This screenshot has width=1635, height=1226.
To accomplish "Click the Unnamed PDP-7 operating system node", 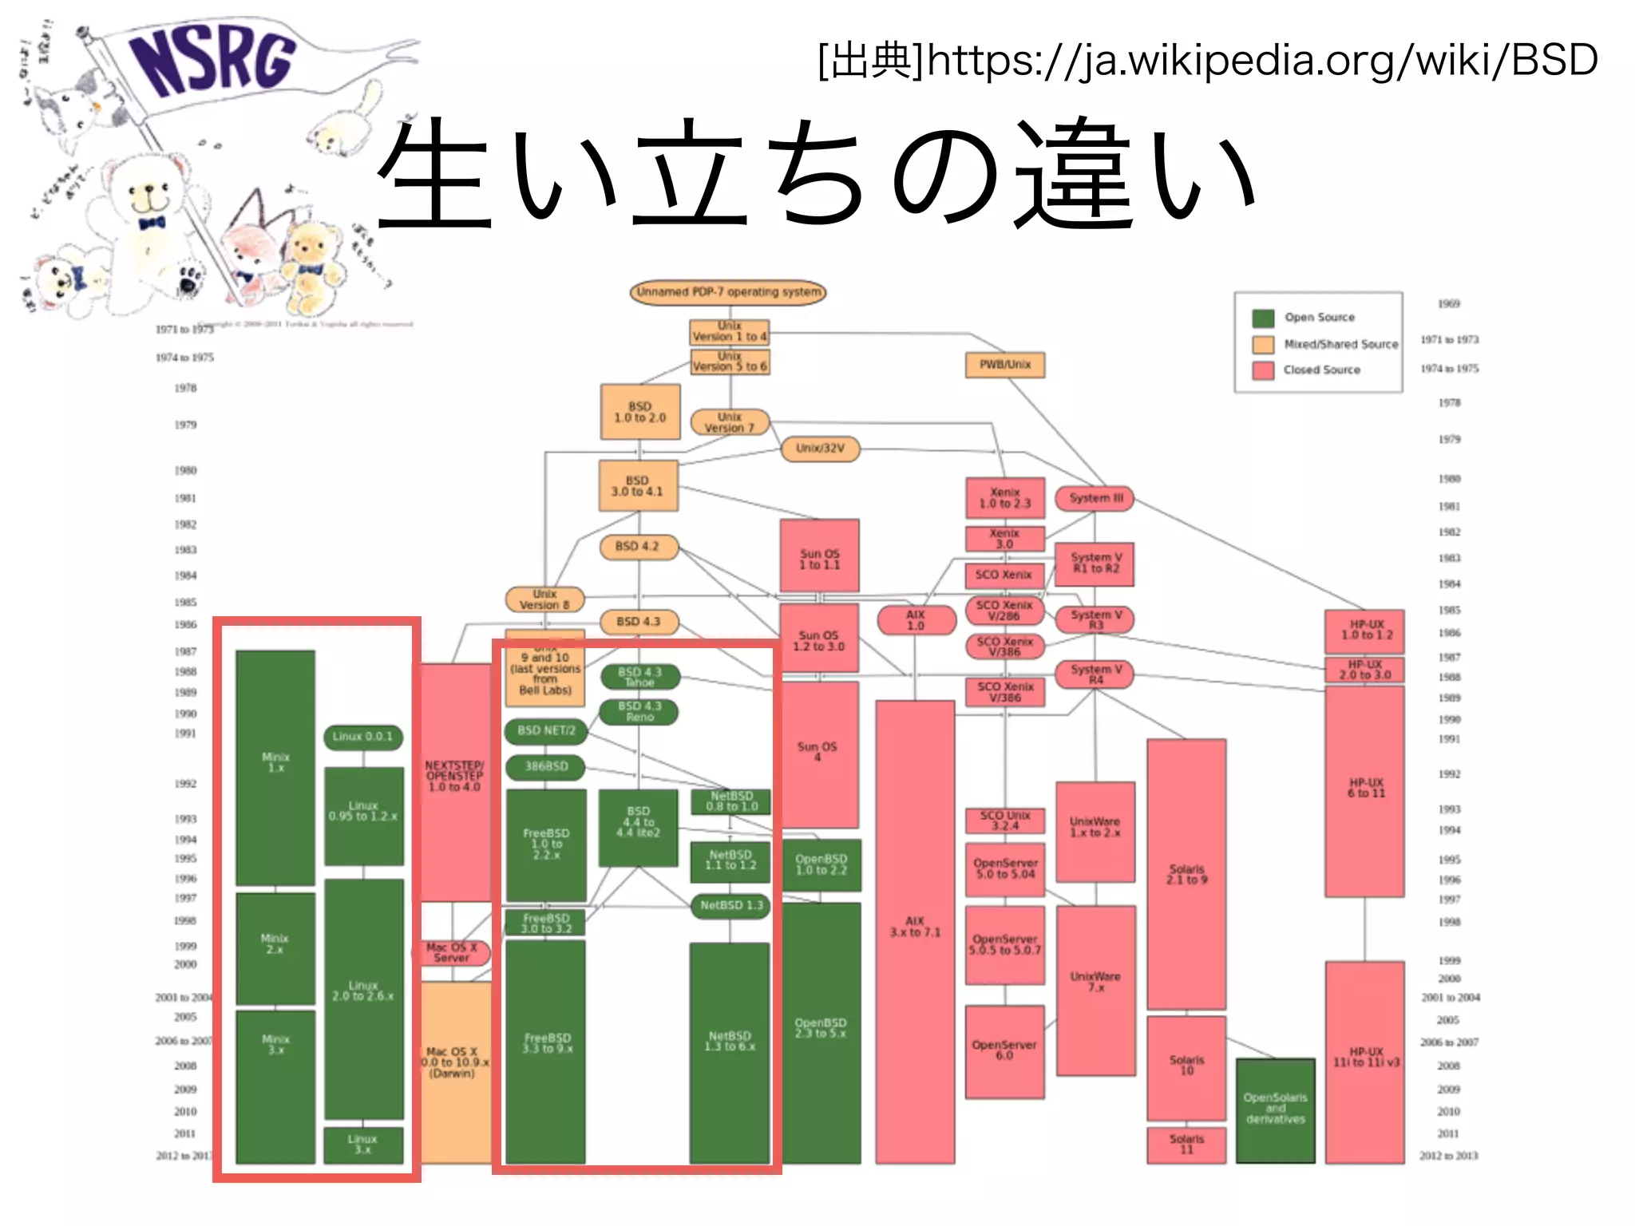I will click(x=727, y=292).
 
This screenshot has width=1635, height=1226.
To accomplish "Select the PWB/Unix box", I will click(x=1005, y=365).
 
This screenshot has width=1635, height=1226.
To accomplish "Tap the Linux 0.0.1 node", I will click(x=362, y=737).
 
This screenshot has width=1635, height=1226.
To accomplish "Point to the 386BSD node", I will click(x=546, y=766).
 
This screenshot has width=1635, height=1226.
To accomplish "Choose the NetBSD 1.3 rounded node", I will click(x=730, y=905).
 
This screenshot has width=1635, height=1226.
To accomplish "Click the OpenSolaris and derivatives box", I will click(x=1275, y=1109).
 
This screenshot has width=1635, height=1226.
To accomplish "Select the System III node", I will click(x=1095, y=498).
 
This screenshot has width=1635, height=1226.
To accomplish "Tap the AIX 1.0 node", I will click(x=916, y=620).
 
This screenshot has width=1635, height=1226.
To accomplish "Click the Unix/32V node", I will click(x=820, y=449).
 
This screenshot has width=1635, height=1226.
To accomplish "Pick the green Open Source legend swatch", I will click(x=1262, y=318).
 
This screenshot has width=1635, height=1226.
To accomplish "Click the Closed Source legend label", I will click(x=1321, y=370).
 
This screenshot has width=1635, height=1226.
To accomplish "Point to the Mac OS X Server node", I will click(x=452, y=952).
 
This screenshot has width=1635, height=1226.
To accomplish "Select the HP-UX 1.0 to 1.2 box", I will click(x=1365, y=631).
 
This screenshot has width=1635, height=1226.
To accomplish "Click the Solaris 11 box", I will click(x=1186, y=1144).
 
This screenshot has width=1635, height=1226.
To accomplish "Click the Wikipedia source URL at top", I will click(x=1207, y=60).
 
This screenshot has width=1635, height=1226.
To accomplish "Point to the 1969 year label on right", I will click(x=1448, y=304).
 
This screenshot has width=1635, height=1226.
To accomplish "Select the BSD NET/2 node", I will click(x=546, y=730).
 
